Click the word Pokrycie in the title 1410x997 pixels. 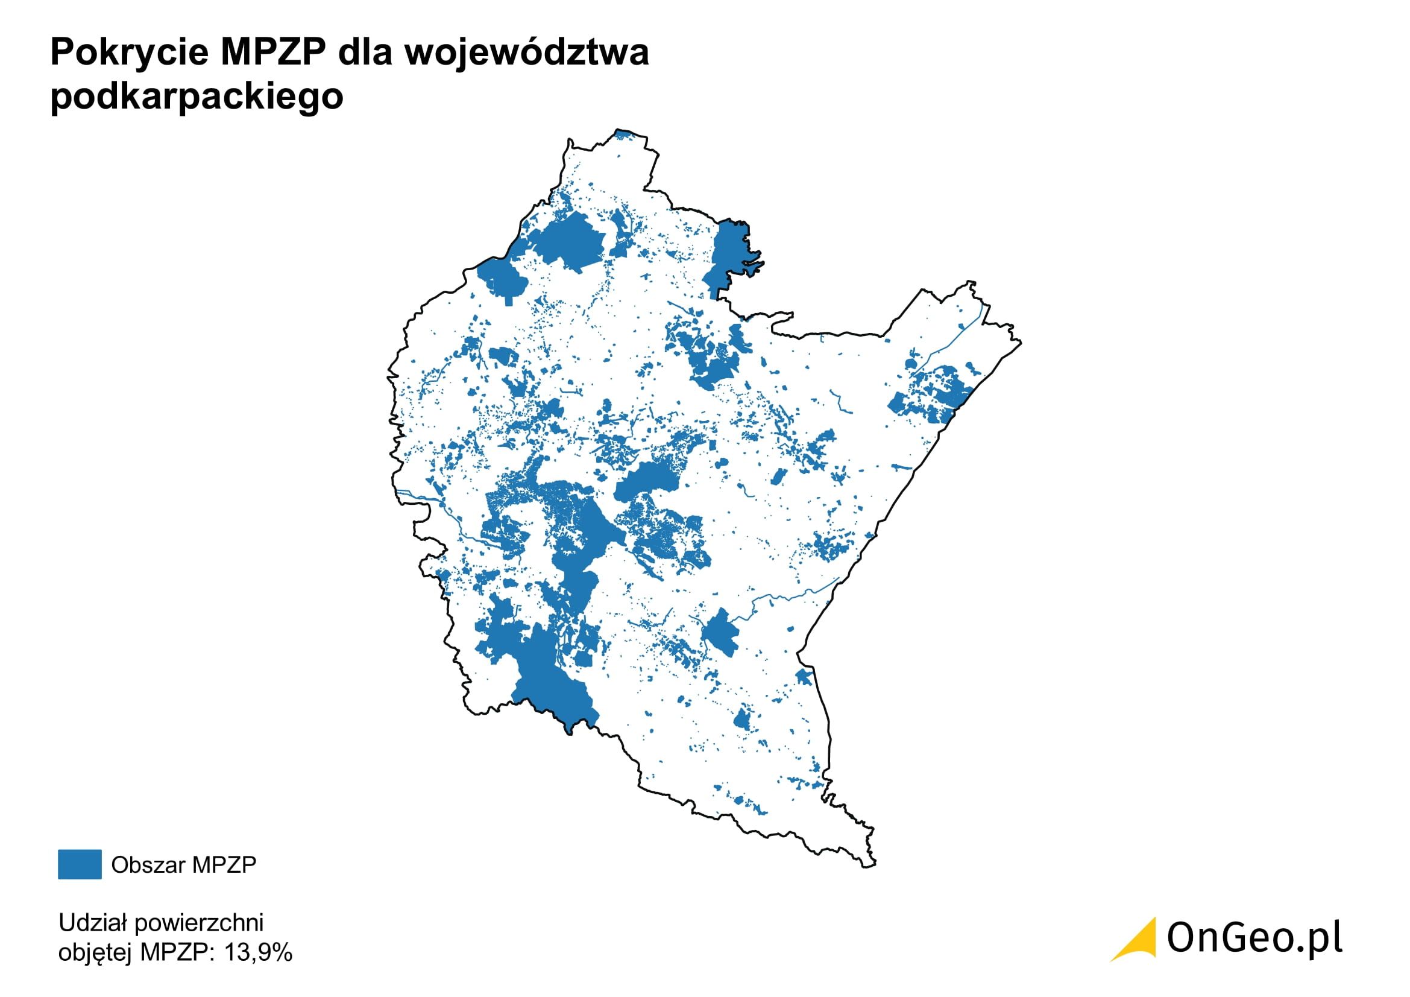130,52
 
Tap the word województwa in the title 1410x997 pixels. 526,52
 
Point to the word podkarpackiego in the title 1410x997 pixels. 197,97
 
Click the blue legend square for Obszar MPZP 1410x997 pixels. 79,864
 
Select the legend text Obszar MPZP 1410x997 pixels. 184,865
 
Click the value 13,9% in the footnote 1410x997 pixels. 258,952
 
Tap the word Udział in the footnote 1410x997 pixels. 92,922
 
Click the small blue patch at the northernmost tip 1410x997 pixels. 623,133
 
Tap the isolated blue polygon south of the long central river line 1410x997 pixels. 720,633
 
